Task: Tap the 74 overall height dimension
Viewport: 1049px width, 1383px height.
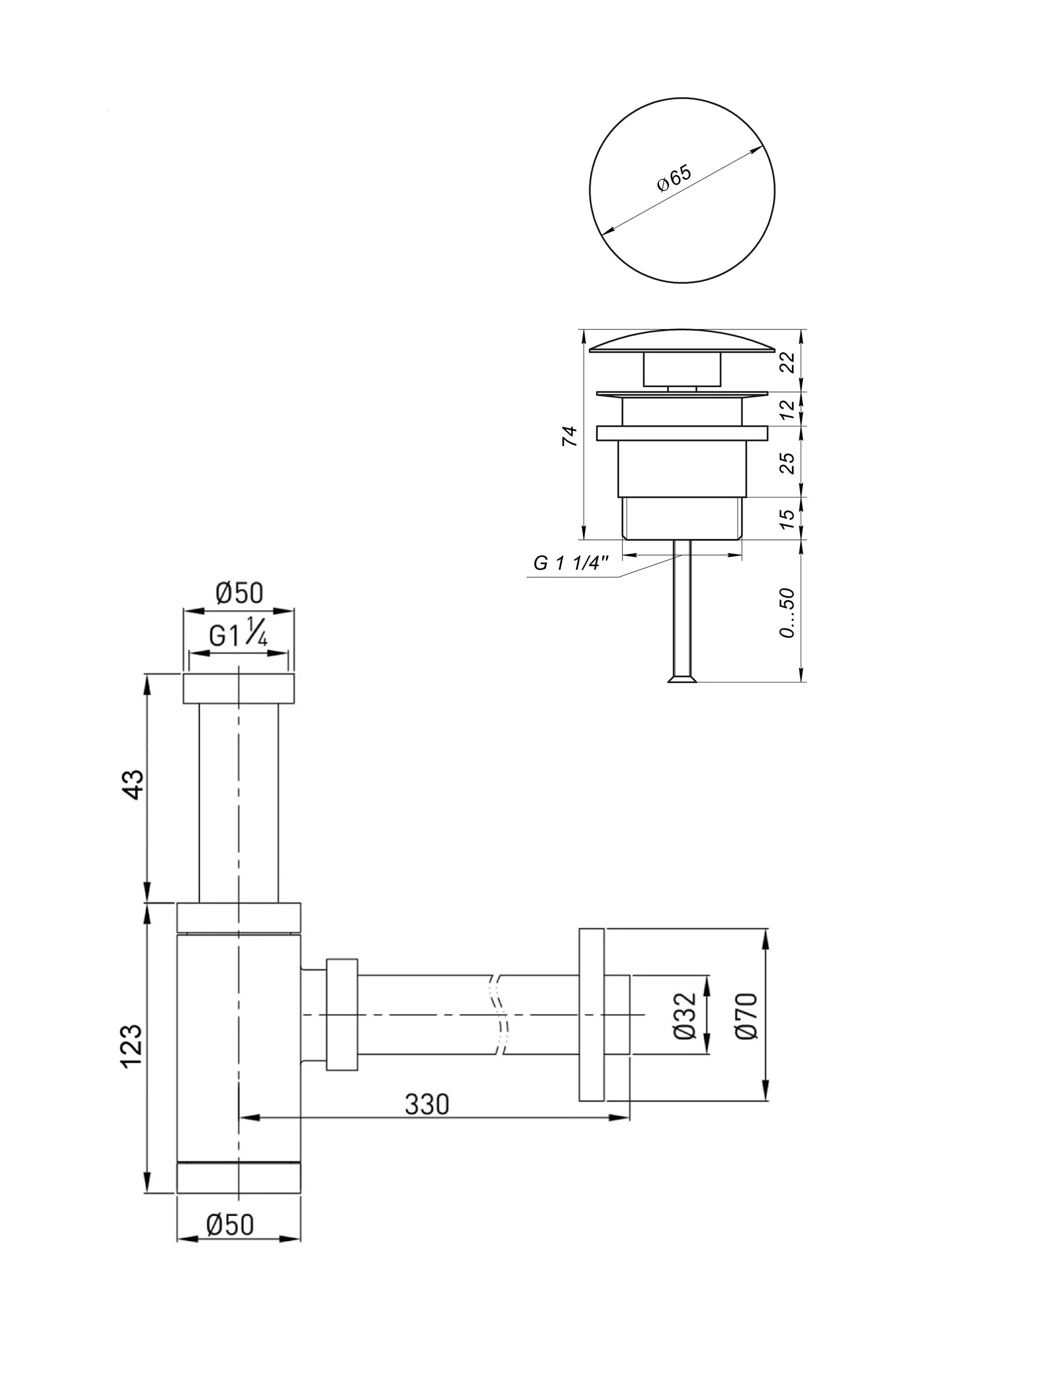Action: [x=569, y=436]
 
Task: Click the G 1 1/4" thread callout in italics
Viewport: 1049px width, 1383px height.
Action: [x=571, y=563]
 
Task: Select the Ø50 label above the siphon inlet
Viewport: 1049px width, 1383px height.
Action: [x=239, y=593]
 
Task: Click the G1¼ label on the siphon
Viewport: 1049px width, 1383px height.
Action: [x=238, y=636]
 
